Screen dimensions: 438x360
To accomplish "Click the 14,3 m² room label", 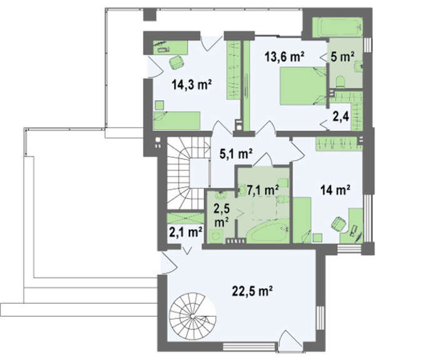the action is click(191, 85).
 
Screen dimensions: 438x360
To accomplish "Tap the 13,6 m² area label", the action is click(284, 57).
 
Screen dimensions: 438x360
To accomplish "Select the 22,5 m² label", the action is click(252, 291).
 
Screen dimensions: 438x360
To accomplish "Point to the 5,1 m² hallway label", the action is click(236, 154).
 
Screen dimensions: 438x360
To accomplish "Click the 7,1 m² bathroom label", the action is click(263, 190).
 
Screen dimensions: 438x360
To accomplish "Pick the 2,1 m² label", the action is click(186, 232).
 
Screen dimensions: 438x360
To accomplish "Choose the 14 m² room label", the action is click(335, 190).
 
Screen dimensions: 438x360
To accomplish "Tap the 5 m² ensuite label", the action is click(342, 57).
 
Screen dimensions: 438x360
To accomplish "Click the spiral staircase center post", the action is click(192, 316).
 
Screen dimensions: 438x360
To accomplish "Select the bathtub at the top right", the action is click(337, 28).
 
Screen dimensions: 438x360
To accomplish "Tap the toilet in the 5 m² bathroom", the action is click(341, 82).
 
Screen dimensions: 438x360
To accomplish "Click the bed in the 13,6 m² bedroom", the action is click(303, 86).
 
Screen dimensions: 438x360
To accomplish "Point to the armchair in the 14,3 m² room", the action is click(176, 62).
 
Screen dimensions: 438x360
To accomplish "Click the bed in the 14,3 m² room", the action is click(177, 121).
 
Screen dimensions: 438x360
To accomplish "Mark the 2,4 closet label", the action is click(341, 116).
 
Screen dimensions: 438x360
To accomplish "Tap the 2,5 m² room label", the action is click(222, 215).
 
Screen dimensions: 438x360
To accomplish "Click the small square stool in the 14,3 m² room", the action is click(160, 105).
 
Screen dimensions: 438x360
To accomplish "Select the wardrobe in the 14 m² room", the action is click(339, 144).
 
